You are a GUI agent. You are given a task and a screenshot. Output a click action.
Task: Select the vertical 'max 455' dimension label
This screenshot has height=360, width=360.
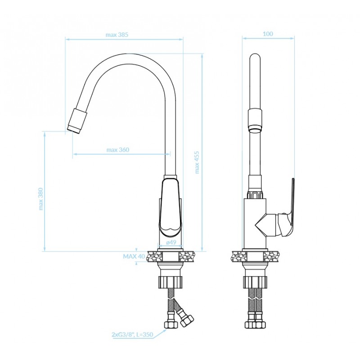pos(197,162)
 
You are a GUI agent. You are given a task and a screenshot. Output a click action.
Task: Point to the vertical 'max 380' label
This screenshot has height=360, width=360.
pos(40,199)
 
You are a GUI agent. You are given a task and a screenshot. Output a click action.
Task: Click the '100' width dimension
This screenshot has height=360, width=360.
pos(268,34)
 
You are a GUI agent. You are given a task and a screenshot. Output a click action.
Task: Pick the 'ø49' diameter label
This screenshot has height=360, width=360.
pos(171,242)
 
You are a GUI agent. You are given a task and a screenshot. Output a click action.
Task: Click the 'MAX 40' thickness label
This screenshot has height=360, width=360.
pos(134,256)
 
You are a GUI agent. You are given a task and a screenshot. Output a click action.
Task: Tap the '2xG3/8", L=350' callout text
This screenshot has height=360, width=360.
pos(132,334)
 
